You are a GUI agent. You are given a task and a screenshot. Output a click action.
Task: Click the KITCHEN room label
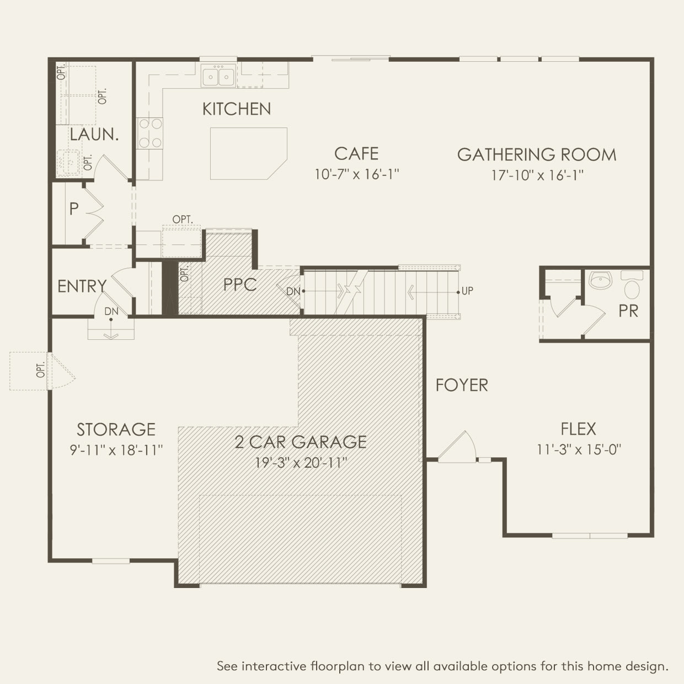[x=237, y=109]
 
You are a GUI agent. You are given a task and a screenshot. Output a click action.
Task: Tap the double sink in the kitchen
[x=218, y=76]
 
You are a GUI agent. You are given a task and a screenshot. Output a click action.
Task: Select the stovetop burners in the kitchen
[x=150, y=133]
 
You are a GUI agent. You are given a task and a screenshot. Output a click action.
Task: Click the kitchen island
[x=248, y=153]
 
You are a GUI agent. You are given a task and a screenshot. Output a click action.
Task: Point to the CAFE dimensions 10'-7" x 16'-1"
[x=357, y=174]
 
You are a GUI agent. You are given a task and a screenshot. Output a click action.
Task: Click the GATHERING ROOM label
[x=537, y=154]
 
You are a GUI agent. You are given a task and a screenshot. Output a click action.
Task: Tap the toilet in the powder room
[x=632, y=284]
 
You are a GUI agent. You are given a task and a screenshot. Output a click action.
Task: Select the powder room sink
[x=600, y=280]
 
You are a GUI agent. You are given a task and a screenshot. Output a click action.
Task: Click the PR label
[x=628, y=311]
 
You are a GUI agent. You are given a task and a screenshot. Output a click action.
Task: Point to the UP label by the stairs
[x=467, y=291]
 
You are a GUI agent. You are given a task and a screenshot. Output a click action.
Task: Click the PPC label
[x=240, y=285]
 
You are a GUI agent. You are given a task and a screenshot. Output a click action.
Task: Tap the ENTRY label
[x=82, y=286]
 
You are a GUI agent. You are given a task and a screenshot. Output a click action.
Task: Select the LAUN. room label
[x=94, y=135]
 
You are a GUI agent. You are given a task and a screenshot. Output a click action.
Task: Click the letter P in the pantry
[x=74, y=209]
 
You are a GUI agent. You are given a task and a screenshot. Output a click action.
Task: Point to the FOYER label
[x=462, y=385]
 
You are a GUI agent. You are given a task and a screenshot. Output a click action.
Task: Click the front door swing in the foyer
[x=458, y=446]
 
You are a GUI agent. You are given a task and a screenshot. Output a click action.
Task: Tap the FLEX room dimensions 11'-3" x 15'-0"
[x=579, y=450]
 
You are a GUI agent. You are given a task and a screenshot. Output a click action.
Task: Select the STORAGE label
[x=116, y=430]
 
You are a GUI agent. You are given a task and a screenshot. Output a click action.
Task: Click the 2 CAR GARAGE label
[x=301, y=442]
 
